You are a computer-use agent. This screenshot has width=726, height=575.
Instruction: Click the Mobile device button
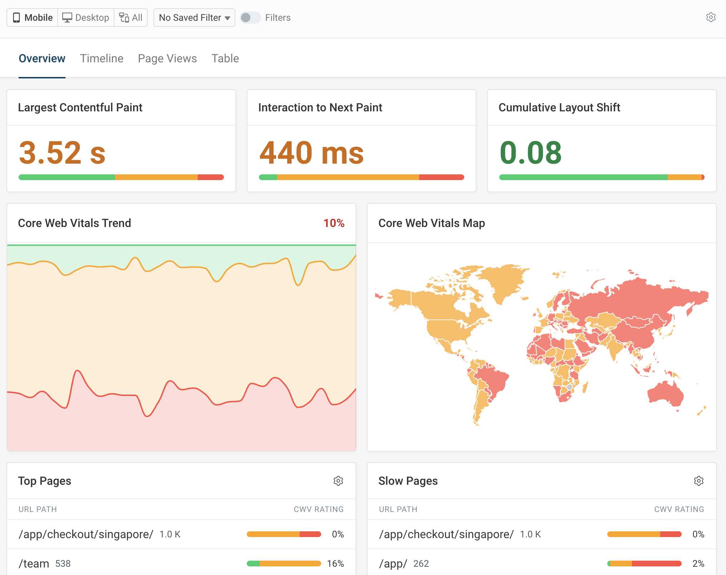33,18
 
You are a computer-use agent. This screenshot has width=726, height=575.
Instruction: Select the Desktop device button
86,18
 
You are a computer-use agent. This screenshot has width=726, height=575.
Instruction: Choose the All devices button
131,18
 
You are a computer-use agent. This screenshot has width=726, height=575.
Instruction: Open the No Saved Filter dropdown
194,18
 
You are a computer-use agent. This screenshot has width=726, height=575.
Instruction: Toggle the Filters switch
250,18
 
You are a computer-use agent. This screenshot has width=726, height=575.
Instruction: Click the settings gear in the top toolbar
711,18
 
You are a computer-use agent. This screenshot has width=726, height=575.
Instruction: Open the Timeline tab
102,58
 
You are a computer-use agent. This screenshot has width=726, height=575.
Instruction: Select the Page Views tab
167,58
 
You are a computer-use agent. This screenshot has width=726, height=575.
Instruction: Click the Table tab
225,58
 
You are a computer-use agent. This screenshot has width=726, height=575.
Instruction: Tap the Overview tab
42,58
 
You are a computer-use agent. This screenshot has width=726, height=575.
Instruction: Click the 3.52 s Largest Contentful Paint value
62,153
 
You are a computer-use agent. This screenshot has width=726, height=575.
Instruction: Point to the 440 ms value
312,153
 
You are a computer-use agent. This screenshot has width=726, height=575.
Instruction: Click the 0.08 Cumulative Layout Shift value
530,153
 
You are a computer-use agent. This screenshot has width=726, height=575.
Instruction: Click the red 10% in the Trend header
334,223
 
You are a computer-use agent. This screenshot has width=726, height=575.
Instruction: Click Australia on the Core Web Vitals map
666,394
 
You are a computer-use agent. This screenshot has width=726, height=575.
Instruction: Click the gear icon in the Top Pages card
338,481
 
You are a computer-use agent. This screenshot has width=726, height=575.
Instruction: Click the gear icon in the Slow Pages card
699,481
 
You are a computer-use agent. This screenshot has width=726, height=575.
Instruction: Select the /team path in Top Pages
34,564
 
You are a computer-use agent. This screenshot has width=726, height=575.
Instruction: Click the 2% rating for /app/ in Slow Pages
698,564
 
